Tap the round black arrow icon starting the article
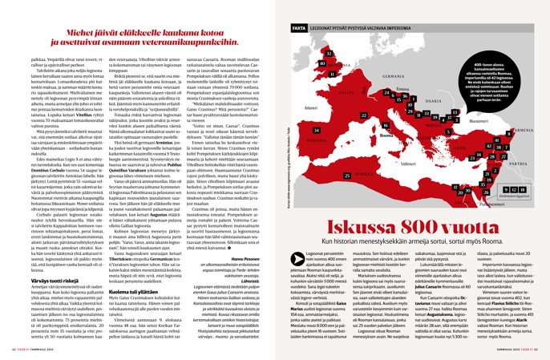[287, 231]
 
